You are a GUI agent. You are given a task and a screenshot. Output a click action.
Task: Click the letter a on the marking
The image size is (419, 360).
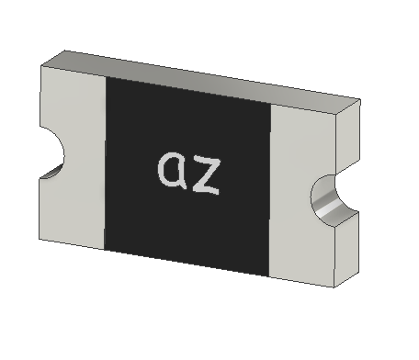(x=172, y=169)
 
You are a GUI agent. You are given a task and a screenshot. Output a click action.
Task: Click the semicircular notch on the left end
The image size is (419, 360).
(x=52, y=153)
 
